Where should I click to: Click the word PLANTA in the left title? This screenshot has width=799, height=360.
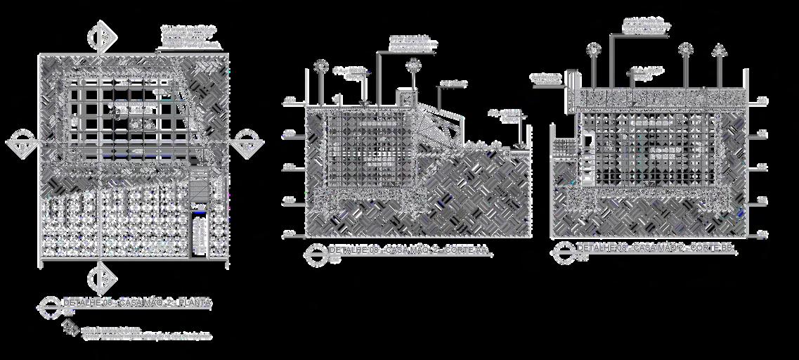click(x=195, y=302)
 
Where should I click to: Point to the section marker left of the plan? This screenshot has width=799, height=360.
click(x=21, y=143)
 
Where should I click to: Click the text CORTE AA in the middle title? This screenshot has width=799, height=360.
click(x=472, y=250)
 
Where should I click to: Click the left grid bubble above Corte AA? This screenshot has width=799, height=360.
click(x=320, y=65)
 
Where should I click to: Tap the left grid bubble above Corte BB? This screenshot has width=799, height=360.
click(x=594, y=49)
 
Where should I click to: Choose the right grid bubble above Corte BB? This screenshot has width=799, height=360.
click(x=685, y=49)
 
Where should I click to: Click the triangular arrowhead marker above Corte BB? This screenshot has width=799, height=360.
click(x=717, y=49)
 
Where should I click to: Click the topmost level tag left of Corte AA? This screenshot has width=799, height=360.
click(x=289, y=101)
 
